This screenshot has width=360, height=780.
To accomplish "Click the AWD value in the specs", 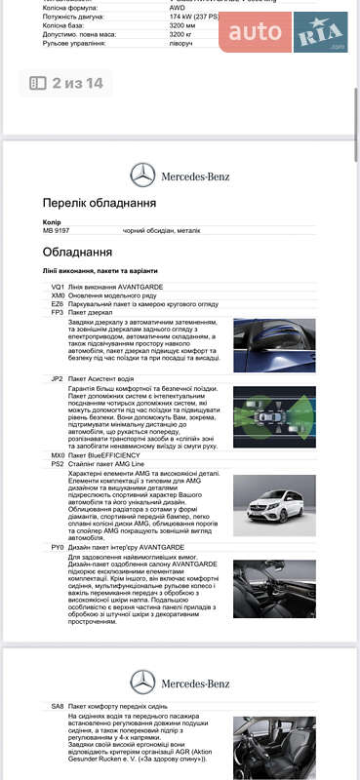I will [176, 7].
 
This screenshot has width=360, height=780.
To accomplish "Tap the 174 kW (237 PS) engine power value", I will [193, 18].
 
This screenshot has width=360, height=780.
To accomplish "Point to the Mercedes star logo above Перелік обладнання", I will [142, 175].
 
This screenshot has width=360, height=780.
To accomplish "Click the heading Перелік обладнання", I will [99, 203].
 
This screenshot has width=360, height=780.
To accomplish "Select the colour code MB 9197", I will [57, 231].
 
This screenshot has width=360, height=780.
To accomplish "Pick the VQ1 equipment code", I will [58, 287].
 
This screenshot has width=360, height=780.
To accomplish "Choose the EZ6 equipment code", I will [58, 303].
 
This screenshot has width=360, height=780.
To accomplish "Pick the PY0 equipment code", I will [58, 548].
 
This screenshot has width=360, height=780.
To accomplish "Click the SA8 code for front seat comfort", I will [58, 705].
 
